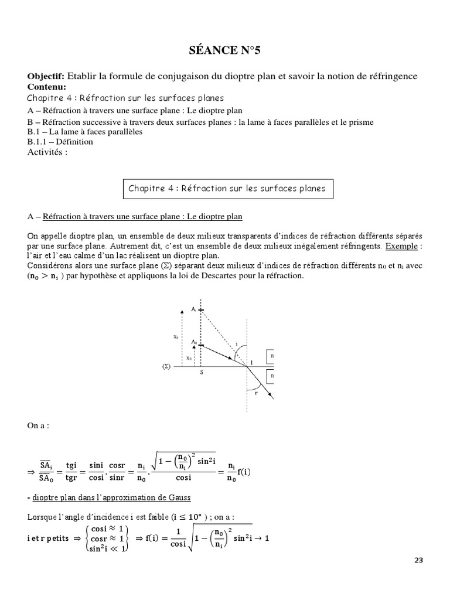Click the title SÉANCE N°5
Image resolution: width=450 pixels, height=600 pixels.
[x=224, y=52]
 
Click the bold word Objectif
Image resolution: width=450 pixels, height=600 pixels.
[x=46, y=77]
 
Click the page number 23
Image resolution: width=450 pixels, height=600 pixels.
[x=418, y=560]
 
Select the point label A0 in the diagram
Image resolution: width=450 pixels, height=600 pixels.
[x=194, y=341]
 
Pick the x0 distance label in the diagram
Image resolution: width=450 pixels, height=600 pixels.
[x=187, y=357]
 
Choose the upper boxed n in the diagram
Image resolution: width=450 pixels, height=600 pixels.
[x=274, y=355]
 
